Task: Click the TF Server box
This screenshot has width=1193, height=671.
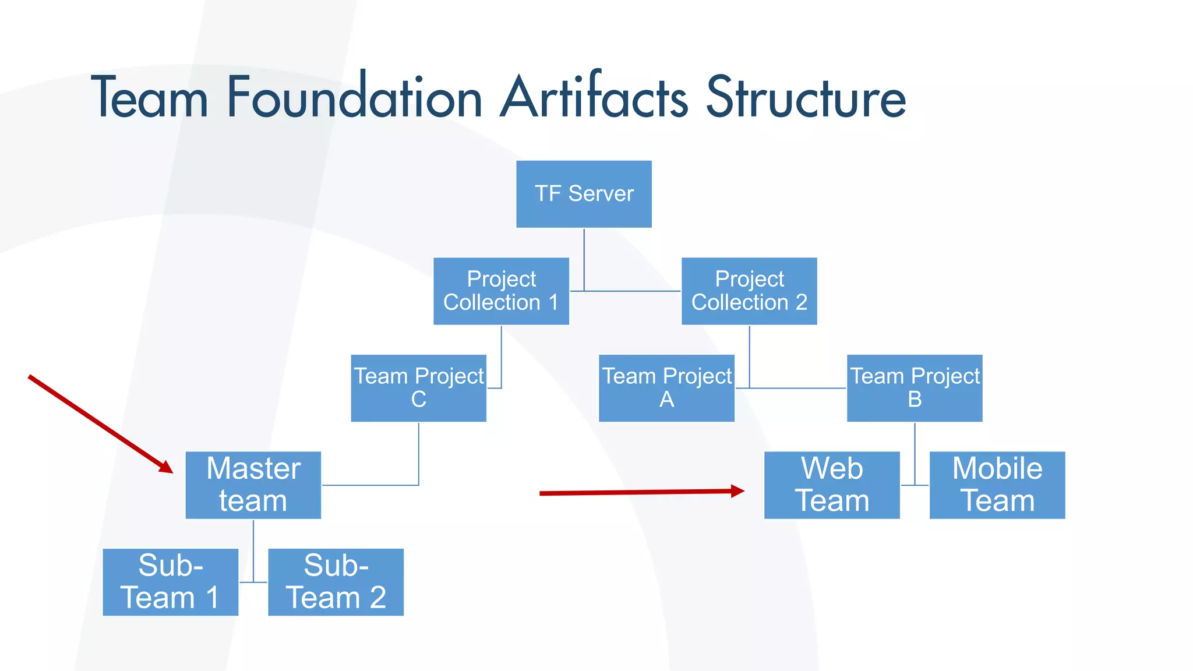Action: pyautogui.click(x=584, y=194)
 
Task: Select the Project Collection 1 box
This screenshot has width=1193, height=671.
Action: pyautogui.click(x=501, y=291)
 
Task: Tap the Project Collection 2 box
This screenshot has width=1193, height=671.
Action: pyautogui.click(x=749, y=291)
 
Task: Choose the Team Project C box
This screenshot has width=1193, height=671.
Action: pyautogui.click(x=418, y=388)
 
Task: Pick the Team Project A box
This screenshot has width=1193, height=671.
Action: pyautogui.click(x=666, y=388)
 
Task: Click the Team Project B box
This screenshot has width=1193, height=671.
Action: pyautogui.click(x=915, y=388)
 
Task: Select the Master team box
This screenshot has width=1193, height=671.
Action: pyautogui.click(x=253, y=485)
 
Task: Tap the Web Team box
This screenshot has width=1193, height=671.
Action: pyautogui.click(x=832, y=485)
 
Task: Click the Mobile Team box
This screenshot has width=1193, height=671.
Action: pyautogui.click(x=997, y=485)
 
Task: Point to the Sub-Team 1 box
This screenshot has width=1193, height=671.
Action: pyautogui.click(x=170, y=582)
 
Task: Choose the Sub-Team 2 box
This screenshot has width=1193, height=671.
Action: pyautogui.click(x=336, y=582)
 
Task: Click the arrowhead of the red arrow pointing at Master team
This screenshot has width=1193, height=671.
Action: pyautogui.click(x=167, y=467)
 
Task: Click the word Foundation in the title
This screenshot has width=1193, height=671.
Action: pyautogui.click(x=354, y=97)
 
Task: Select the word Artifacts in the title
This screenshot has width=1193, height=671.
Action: pyautogui.click(x=594, y=97)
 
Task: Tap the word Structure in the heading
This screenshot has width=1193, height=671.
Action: pyautogui.click(x=806, y=97)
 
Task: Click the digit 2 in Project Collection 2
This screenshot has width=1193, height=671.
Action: pyautogui.click(x=802, y=302)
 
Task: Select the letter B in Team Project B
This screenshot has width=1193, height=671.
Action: pyautogui.click(x=915, y=400)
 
